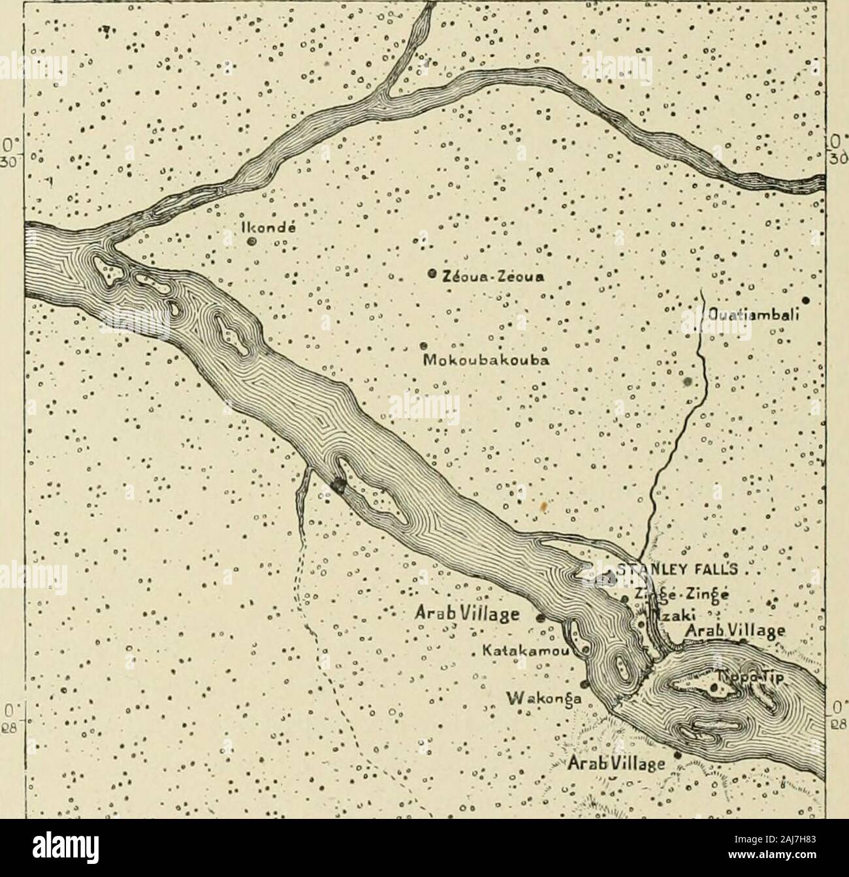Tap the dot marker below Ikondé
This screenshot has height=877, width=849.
[x=251, y=241]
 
